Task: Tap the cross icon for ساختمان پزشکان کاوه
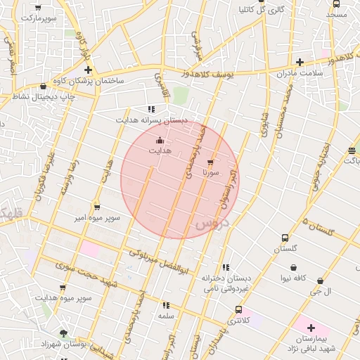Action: (x=88, y=70)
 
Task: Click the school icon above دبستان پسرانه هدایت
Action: (x=151, y=109)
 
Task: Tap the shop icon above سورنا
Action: (x=210, y=162)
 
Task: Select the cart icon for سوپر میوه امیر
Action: (x=96, y=207)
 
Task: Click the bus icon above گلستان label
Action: (x=285, y=238)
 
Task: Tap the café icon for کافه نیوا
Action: (x=293, y=267)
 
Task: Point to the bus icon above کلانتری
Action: (x=238, y=309)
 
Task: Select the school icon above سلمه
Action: (x=166, y=305)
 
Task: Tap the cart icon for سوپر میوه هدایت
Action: (x=63, y=288)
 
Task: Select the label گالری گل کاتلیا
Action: (x=261, y=10)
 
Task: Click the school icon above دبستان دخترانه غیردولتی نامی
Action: (x=225, y=267)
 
